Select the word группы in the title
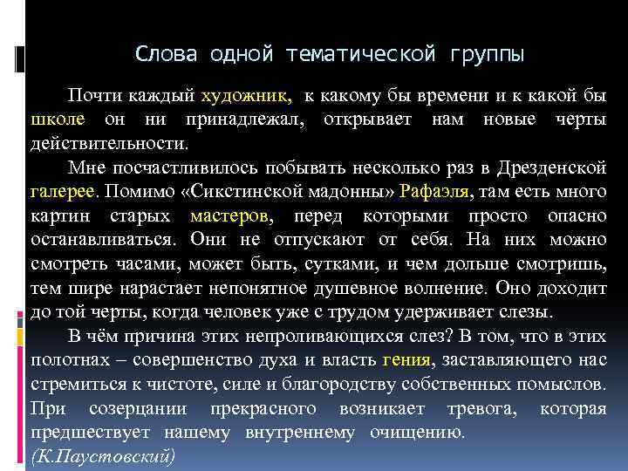[x=488, y=54]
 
